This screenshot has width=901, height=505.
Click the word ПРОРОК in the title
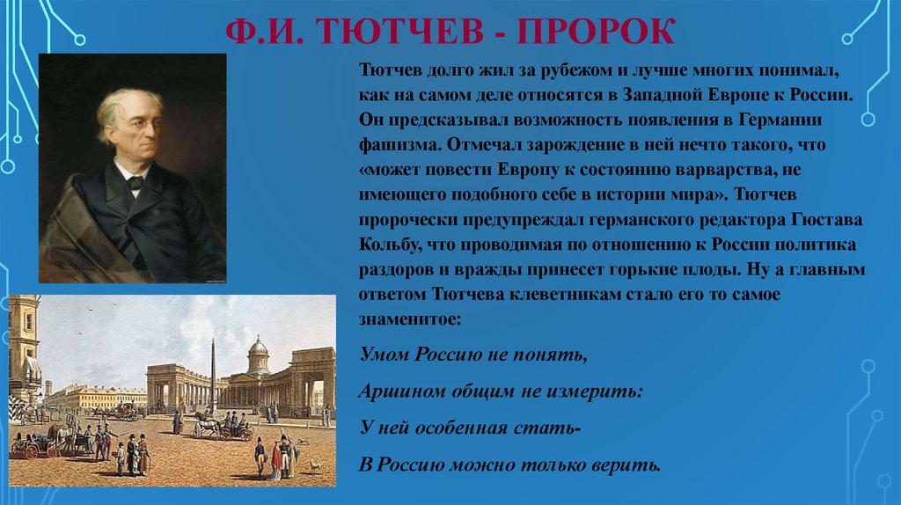[x=596, y=32]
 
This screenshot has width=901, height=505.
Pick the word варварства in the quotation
[x=710, y=170]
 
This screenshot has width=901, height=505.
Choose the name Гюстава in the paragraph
[x=827, y=220]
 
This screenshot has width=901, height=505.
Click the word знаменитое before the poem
[x=410, y=319]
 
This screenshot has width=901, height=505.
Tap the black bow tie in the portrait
[x=135, y=183]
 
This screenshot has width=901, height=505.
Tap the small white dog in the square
[x=316, y=466]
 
